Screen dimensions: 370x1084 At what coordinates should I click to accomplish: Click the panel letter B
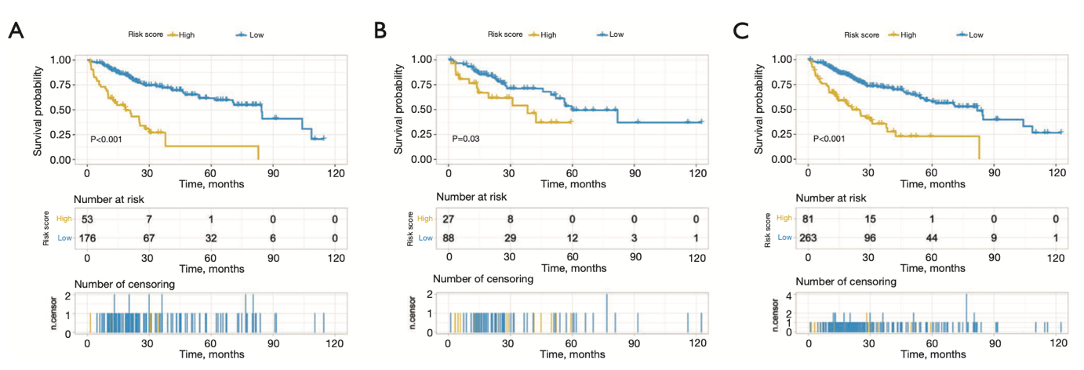380,31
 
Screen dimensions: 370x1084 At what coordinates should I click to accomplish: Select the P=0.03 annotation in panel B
467,139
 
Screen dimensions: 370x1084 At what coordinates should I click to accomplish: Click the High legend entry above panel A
187,34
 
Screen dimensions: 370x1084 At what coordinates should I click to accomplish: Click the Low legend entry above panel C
975,34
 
